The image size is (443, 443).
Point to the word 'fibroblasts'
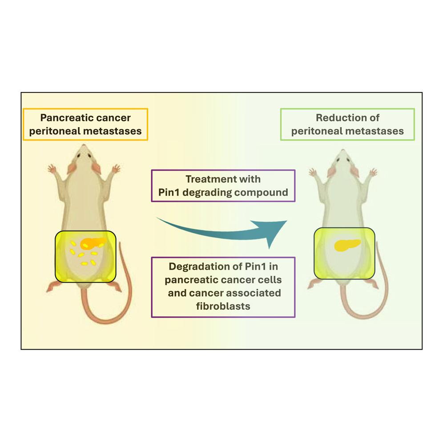pyautogui.click(x=223, y=306)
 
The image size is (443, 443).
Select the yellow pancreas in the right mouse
pyautogui.click(x=347, y=244)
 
